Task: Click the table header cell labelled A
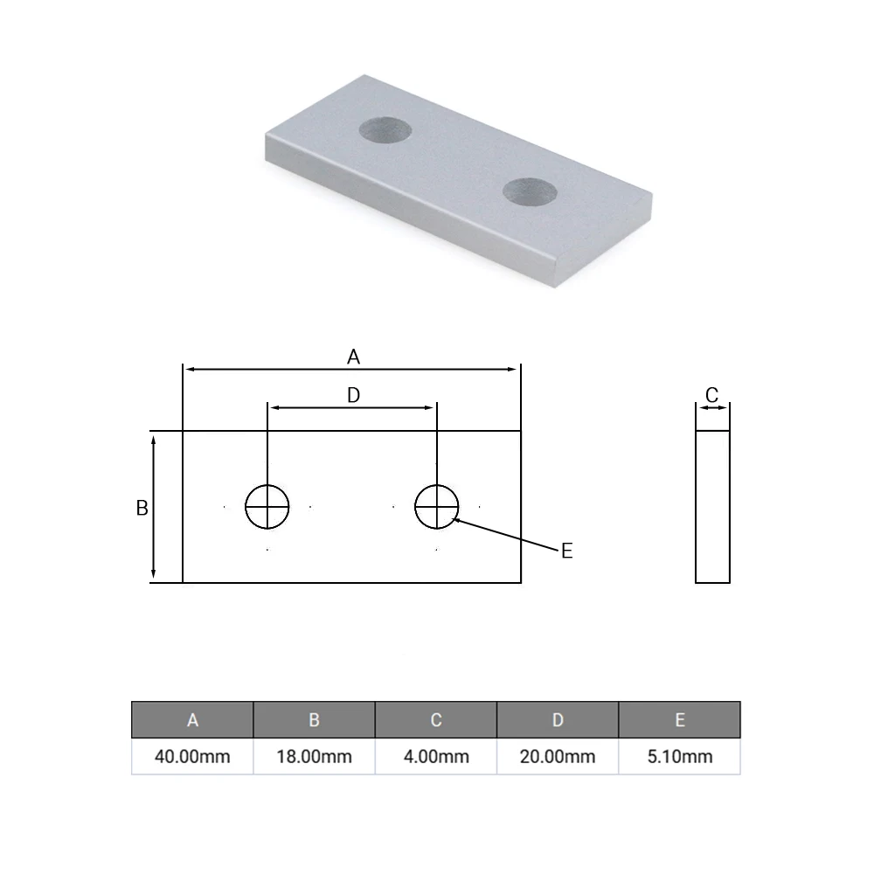pos(192,720)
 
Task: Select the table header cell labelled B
pos(314,720)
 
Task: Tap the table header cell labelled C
pos(436,720)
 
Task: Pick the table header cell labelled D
pos(558,720)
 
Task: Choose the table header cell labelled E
pos(679,720)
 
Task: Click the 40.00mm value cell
pos(192,756)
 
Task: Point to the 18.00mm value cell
pos(314,756)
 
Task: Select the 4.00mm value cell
pos(436,756)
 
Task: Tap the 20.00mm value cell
pos(558,756)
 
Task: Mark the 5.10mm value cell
pos(679,756)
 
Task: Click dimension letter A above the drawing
pos(353,357)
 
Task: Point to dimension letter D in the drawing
pos(353,395)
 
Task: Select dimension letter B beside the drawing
pos(142,508)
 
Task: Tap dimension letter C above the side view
pos(711,395)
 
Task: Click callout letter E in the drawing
pos(566,551)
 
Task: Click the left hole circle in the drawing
pos(267,506)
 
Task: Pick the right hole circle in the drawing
pos(437,506)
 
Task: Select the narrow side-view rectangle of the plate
pos(712,506)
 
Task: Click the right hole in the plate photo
pos(530,191)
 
